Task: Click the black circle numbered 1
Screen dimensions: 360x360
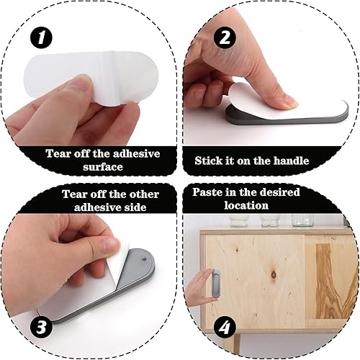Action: pyautogui.click(x=41, y=38)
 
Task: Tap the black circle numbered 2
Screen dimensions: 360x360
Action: pyautogui.click(x=225, y=37)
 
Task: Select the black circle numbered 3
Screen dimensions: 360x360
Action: pyautogui.click(x=41, y=327)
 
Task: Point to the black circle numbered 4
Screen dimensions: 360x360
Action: pyautogui.click(x=225, y=328)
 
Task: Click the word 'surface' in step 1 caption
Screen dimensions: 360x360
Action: pyautogui.click(x=103, y=167)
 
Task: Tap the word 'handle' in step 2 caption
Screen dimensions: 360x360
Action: pyautogui.click(x=291, y=161)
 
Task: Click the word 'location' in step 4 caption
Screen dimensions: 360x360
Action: pyautogui.click(x=246, y=205)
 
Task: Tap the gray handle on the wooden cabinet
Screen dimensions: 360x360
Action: pyautogui.click(x=216, y=284)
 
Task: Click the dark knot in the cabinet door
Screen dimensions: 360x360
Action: pyautogui.click(x=274, y=274)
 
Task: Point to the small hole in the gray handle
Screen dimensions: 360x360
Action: pyautogui.click(x=144, y=259)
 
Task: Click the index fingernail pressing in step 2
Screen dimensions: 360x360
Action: pyautogui.click(x=290, y=102)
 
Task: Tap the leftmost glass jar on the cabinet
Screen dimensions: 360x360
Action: pyautogui.click(x=239, y=220)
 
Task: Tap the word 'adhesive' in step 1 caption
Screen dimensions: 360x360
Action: pyautogui.click(x=136, y=153)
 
